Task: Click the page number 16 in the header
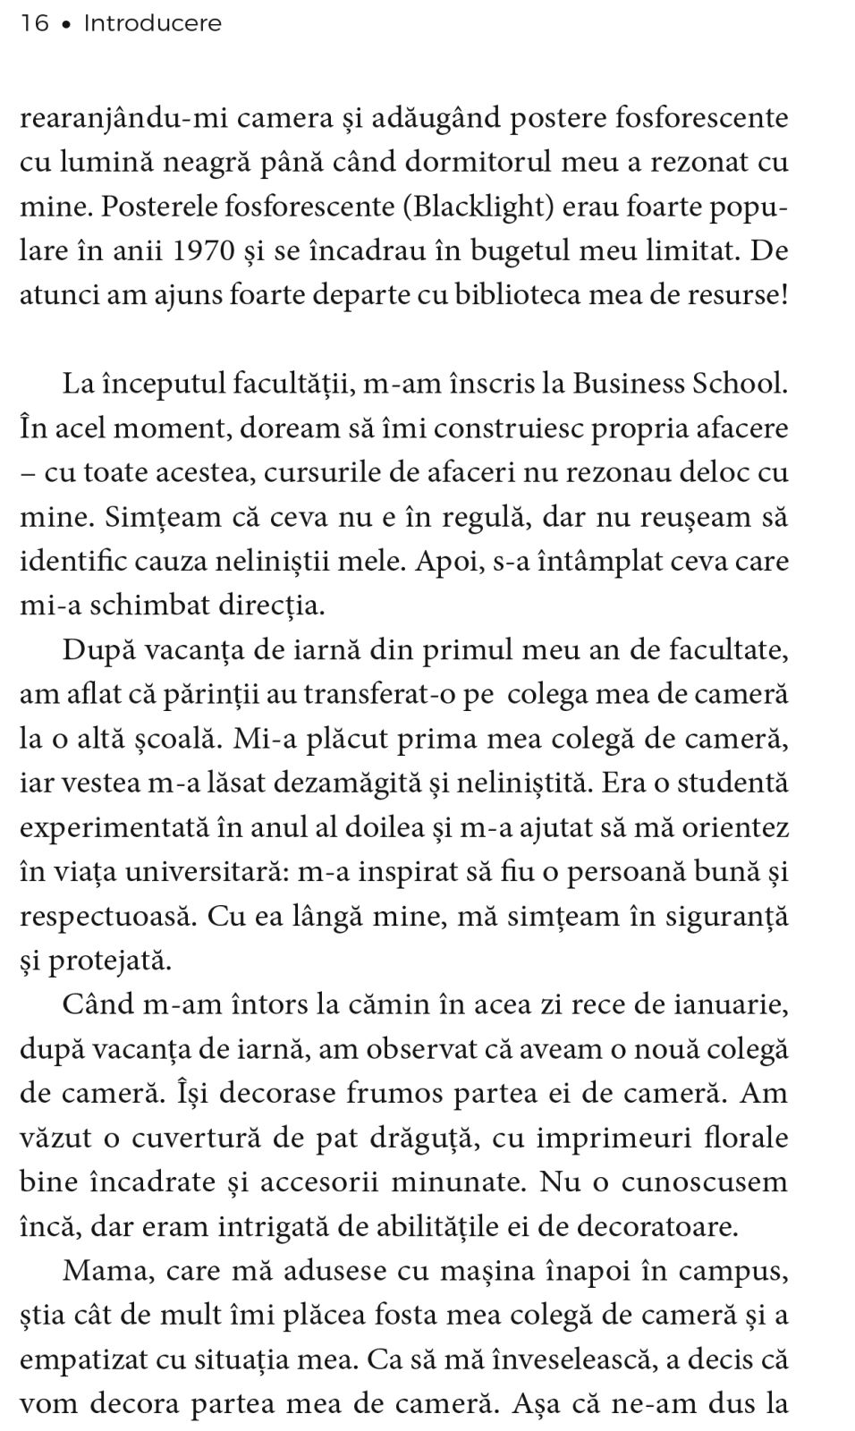tap(34, 24)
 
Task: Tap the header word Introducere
tap(152, 24)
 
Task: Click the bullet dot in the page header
tap(66, 25)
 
